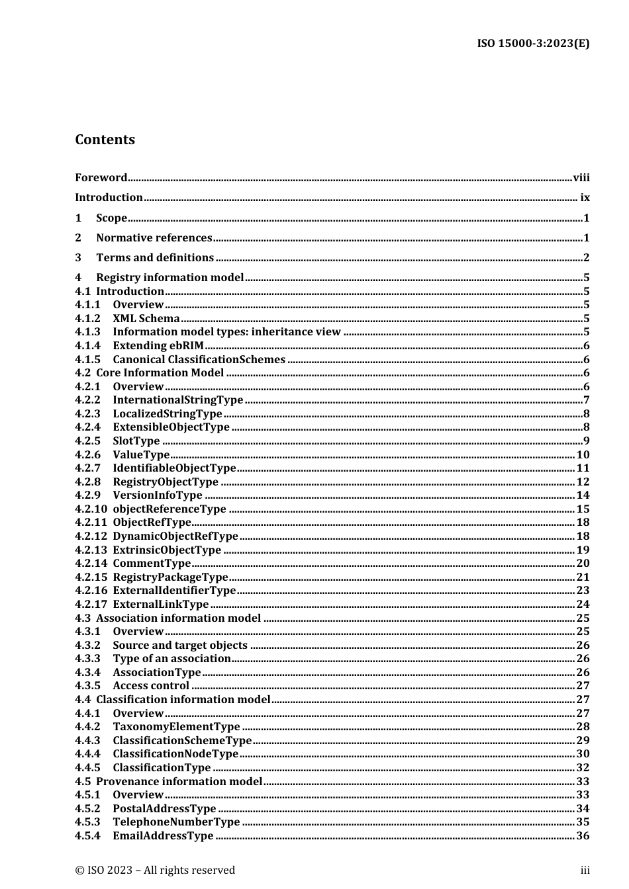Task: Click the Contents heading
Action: (x=105, y=140)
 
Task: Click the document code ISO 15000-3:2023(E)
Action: (x=533, y=44)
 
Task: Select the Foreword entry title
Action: (x=101, y=177)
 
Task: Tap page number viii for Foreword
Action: (x=581, y=177)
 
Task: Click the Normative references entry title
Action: (x=154, y=237)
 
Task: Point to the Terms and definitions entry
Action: (x=155, y=257)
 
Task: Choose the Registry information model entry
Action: (x=169, y=277)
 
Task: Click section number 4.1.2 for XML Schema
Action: (x=87, y=318)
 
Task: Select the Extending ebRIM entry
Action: (x=158, y=345)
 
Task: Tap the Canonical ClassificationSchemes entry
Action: (x=199, y=359)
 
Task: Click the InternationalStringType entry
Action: (x=177, y=400)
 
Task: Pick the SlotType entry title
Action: (x=136, y=441)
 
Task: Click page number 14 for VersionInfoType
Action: (x=583, y=495)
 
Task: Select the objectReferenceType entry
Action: (x=169, y=509)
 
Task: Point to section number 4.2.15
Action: (x=91, y=577)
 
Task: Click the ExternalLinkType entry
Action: (x=161, y=604)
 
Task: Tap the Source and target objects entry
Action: (x=180, y=645)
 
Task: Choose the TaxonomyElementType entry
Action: (x=176, y=726)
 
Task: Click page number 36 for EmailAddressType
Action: (x=583, y=835)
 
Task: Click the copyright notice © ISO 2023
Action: (x=155, y=870)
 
